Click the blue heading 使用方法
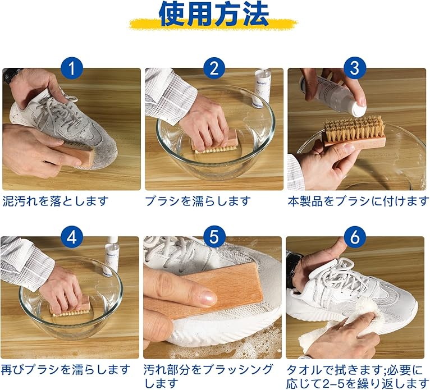click(214, 13)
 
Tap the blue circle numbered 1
click(72, 68)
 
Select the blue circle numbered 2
click(214, 68)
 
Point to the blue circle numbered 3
click(355, 68)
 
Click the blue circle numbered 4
click(72, 236)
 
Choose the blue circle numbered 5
click(214, 236)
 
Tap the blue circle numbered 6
click(355, 236)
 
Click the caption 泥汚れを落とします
click(56, 201)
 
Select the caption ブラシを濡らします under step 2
click(198, 201)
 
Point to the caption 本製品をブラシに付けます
click(358, 201)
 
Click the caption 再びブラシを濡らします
click(66, 369)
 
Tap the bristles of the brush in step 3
click(354, 127)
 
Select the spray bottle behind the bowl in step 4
click(112, 255)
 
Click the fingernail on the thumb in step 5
click(208, 297)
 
